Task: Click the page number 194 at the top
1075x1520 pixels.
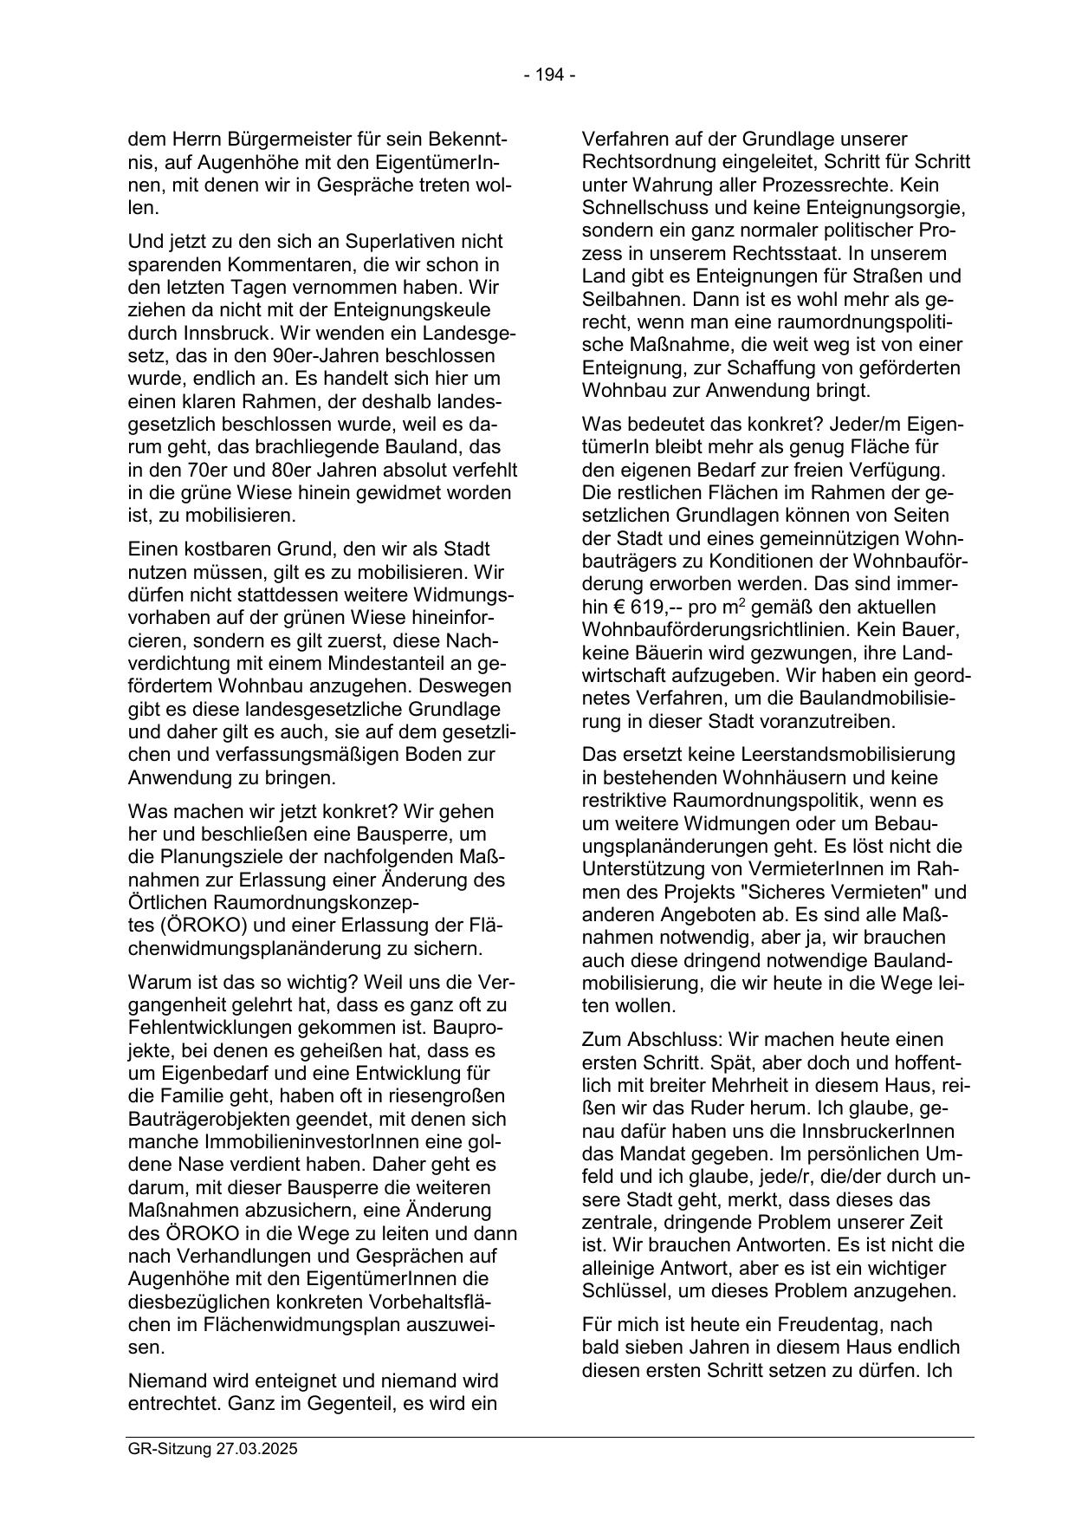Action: (x=550, y=75)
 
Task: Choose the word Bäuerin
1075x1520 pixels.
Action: (x=667, y=653)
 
